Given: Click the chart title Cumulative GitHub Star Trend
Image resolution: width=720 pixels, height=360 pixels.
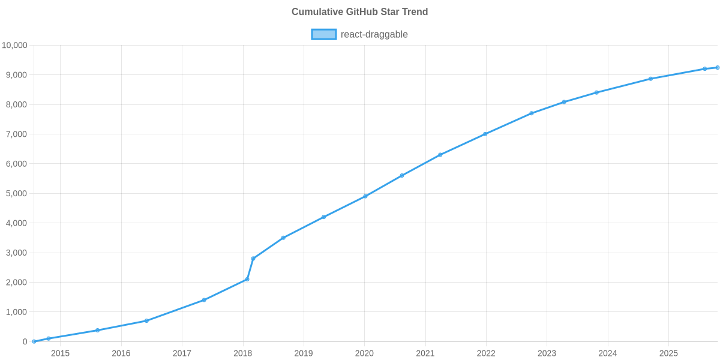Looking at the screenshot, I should click(359, 12).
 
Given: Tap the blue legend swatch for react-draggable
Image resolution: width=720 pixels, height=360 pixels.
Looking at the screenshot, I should click(323, 34).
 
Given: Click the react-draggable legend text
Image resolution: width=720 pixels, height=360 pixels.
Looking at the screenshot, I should click(374, 34).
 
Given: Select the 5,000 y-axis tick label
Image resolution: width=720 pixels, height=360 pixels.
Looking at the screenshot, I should click(17, 194).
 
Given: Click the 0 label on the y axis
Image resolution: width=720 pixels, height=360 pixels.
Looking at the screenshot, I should click(25, 342).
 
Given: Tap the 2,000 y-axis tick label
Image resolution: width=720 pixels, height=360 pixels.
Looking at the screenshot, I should click(17, 283).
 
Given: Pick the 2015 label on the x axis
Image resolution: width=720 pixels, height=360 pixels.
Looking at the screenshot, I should click(60, 353).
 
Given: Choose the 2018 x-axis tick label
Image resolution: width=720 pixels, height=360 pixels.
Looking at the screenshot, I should click(242, 353).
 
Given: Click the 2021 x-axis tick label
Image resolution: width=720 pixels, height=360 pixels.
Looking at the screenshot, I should click(425, 353).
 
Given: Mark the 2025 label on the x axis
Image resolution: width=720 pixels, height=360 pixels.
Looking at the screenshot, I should click(668, 353).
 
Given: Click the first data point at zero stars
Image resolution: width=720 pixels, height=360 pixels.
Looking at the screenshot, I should click(34, 341).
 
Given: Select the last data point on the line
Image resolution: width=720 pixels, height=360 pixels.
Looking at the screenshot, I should click(717, 67).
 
